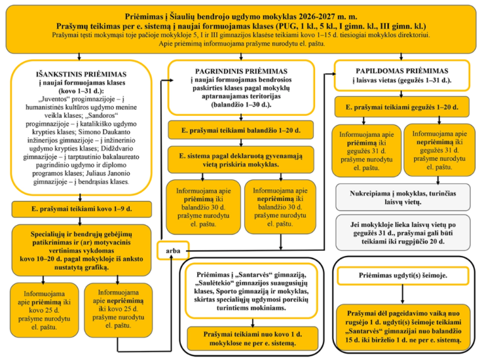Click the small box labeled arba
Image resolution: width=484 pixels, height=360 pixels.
tap(173, 251)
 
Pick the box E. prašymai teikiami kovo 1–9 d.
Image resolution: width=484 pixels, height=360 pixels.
tap(81, 209)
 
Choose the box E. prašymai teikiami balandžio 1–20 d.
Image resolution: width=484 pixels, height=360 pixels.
tap(241, 131)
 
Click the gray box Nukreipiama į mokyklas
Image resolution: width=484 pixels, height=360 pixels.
tap(403, 197)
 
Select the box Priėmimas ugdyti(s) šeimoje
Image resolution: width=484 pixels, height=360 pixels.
tap(401, 276)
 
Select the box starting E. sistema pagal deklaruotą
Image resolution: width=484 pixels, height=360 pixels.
tap(241, 160)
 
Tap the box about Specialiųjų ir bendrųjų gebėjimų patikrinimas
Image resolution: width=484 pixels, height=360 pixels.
tap(81, 250)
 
